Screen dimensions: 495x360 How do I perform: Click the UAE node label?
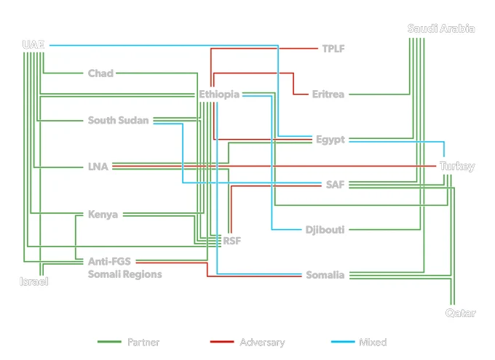[33, 45]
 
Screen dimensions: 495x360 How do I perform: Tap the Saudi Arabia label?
[441, 28]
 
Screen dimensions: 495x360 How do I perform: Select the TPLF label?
[333, 49]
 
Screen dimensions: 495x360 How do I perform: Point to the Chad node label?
[100, 73]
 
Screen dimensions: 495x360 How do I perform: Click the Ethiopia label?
[219, 95]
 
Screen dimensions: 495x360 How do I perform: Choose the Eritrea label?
[328, 95]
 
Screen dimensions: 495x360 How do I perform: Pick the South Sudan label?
[118, 120]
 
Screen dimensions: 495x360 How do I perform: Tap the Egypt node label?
[330, 140]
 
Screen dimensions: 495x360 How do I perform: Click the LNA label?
[98, 167]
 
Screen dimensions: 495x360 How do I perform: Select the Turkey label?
[457, 167]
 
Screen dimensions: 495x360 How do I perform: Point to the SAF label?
[336, 185]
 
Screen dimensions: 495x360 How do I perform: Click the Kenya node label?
[103, 215]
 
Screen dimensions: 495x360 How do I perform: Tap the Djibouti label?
[325, 230]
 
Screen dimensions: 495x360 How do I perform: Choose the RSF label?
[232, 241]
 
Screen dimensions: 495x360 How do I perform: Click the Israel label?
[33, 281]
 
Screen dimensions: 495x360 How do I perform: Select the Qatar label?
[461, 313]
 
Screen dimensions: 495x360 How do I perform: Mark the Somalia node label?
[325, 275]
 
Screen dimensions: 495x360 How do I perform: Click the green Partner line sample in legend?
[109, 342]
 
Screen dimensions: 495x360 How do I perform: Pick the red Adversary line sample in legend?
[222, 342]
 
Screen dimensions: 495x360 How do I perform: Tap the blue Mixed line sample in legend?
[343, 342]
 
